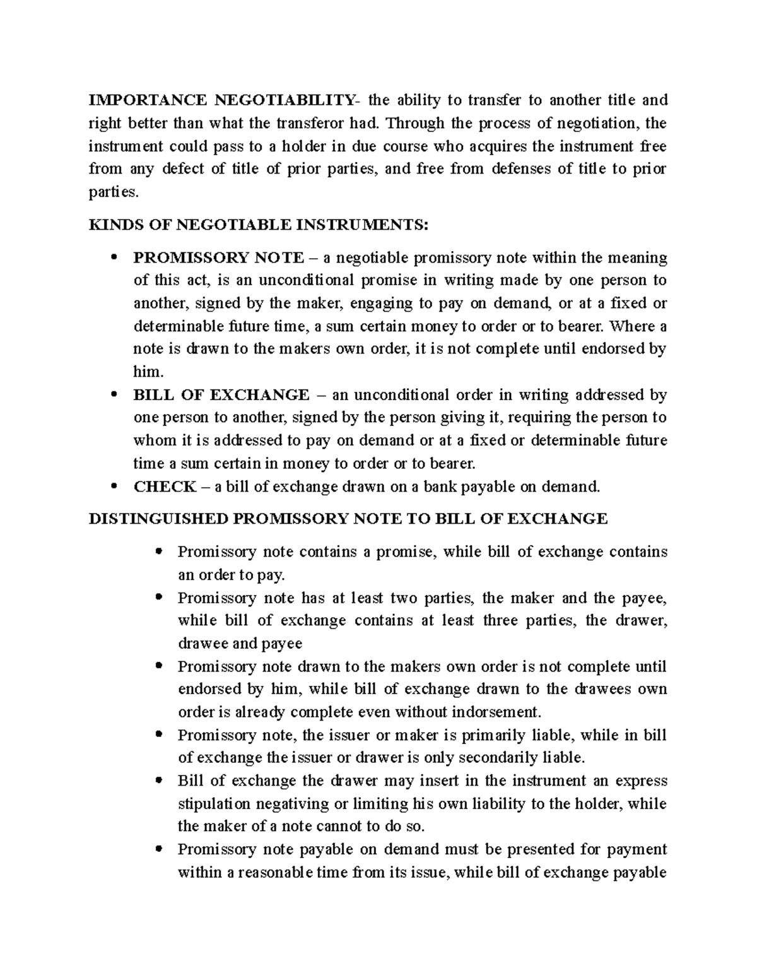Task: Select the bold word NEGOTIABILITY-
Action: coord(287,100)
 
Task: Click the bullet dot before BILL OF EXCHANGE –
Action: coord(114,395)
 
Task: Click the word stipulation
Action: coord(214,805)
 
